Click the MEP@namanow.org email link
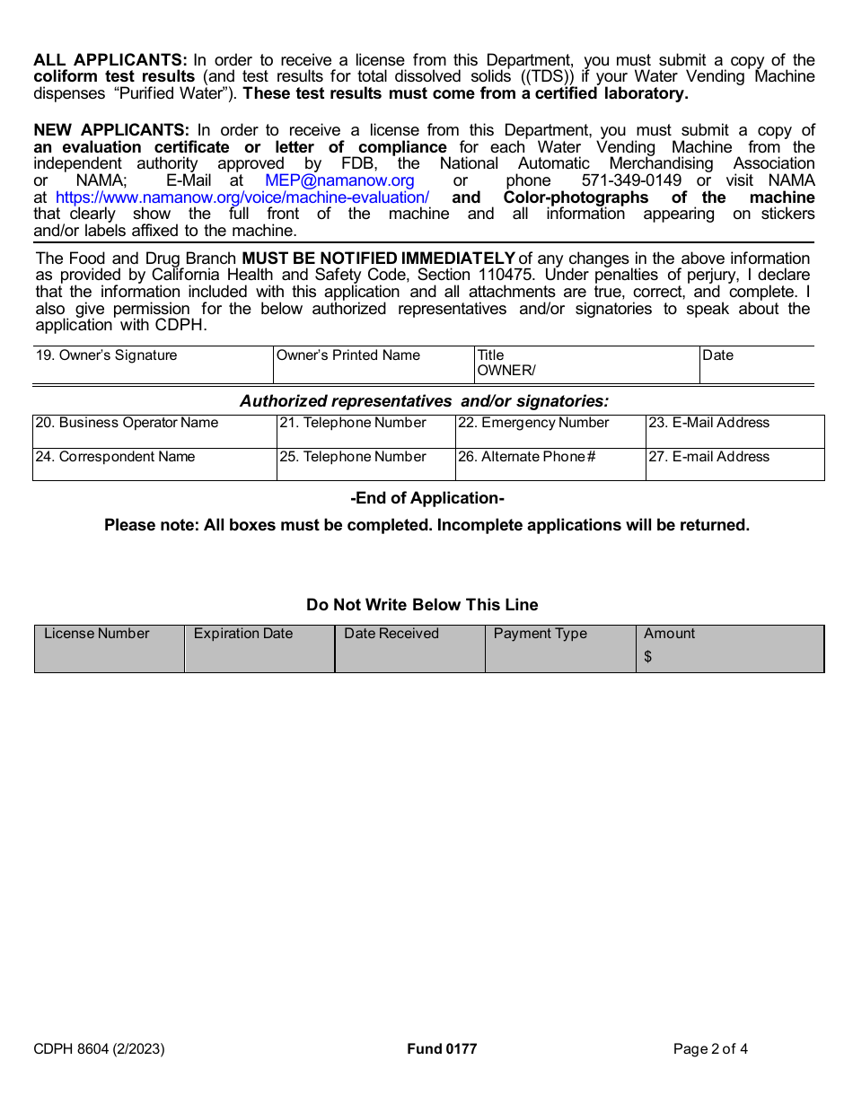[x=339, y=180]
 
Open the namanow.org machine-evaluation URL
[x=242, y=197]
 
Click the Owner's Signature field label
[x=106, y=355]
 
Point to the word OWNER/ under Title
[x=506, y=371]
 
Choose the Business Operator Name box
[x=154, y=432]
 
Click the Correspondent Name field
[x=154, y=465]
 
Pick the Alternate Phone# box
[x=550, y=465]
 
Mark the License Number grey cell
[x=109, y=649]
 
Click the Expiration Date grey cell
[x=259, y=649]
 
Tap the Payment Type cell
[x=559, y=649]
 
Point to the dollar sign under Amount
[x=648, y=657]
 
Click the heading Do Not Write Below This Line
[x=422, y=605]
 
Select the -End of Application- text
[x=427, y=498]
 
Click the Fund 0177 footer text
[x=442, y=1048]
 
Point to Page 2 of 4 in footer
[x=710, y=1048]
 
